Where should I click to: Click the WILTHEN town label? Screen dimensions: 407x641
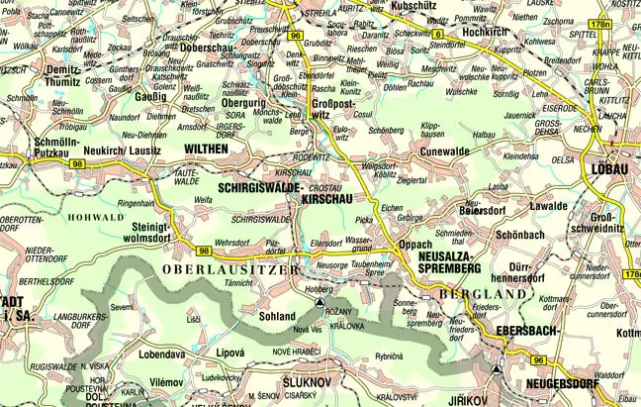coord(206,148)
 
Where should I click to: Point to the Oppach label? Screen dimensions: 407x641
coord(414,243)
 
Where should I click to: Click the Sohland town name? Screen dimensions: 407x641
coord(276,316)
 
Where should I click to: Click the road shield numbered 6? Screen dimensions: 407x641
coord(436,35)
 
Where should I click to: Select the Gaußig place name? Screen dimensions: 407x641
coord(148,97)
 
